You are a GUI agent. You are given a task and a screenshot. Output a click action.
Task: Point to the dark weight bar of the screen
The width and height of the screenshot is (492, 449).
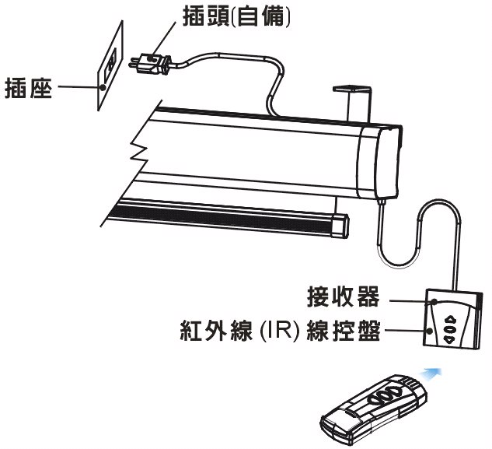[233, 217]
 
